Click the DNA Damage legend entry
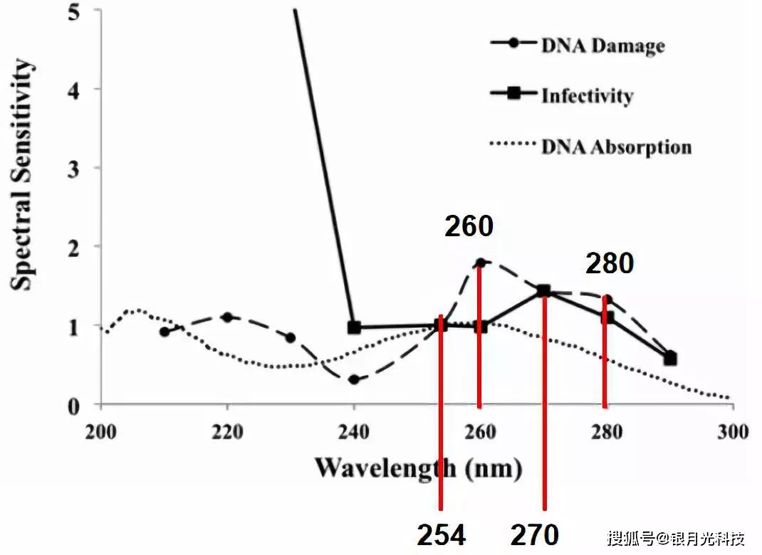point(602,46)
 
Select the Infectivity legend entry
point(587,95)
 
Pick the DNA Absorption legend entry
point(616,147)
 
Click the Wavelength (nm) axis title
point(419,467)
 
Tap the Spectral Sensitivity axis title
point(24,175)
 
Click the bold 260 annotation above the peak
point(469,227)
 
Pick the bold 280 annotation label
point(610,264)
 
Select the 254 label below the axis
point(441,535)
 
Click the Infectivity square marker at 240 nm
point(354,327)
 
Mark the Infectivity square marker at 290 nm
point(670,359)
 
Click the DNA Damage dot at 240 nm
point(354,379)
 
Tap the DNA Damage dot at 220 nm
point(228,317)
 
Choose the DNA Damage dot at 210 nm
point(165,332)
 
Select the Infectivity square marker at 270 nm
point(544,290)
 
